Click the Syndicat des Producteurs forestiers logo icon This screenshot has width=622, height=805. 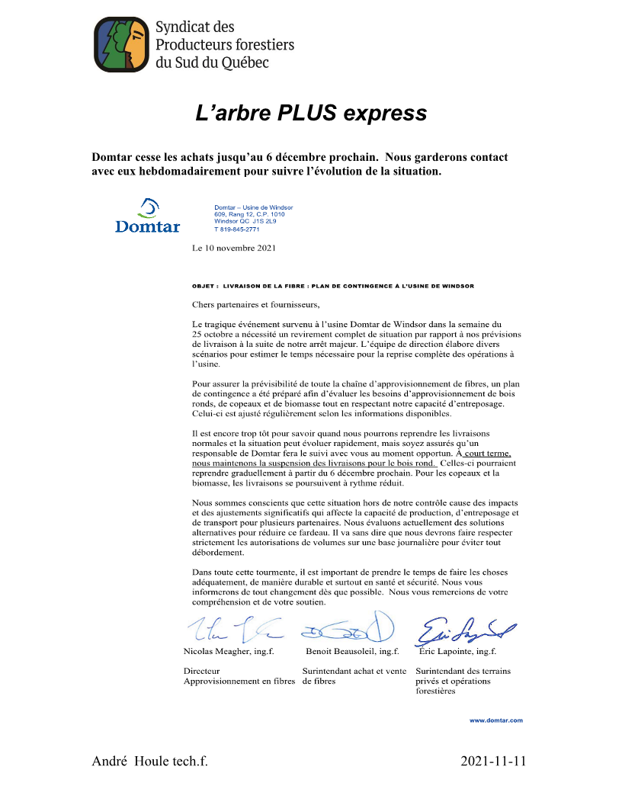(120, 44)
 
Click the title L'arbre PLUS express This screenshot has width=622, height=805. (311, 114)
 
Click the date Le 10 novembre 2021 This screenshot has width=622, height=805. (234, 248)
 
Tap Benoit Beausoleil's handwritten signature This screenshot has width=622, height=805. (348, 627)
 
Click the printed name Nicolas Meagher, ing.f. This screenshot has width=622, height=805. (229, 653)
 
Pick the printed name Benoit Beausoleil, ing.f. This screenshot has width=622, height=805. (352, 653)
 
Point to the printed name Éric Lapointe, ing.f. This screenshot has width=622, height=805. (458, 653)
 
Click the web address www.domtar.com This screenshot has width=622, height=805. (495, 720)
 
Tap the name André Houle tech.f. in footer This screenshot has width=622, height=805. (149, 762)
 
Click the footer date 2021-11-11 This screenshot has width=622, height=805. (494, 762)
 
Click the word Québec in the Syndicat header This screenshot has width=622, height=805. (243, 63)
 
